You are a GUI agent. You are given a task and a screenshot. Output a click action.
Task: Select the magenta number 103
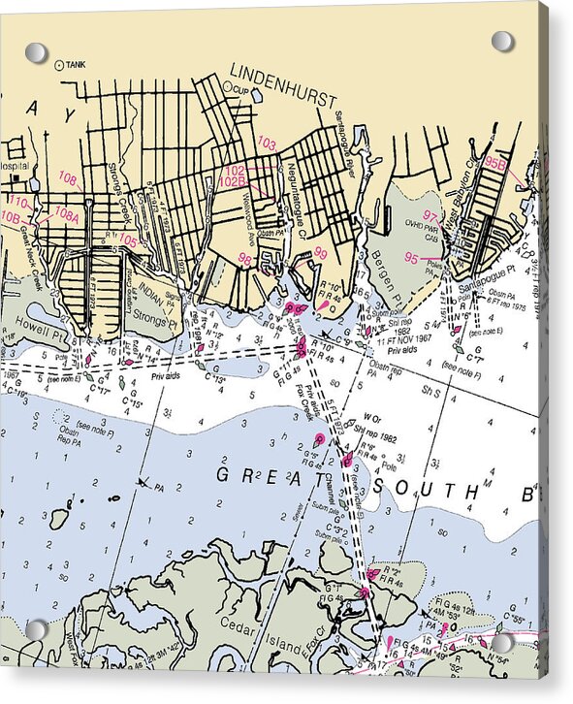point(267,144)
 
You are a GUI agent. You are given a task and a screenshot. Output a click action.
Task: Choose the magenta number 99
point(320,253)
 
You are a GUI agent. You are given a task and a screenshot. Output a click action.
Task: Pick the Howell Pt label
point(38,319)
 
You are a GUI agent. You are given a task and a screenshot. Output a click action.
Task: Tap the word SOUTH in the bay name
point(423,488)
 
